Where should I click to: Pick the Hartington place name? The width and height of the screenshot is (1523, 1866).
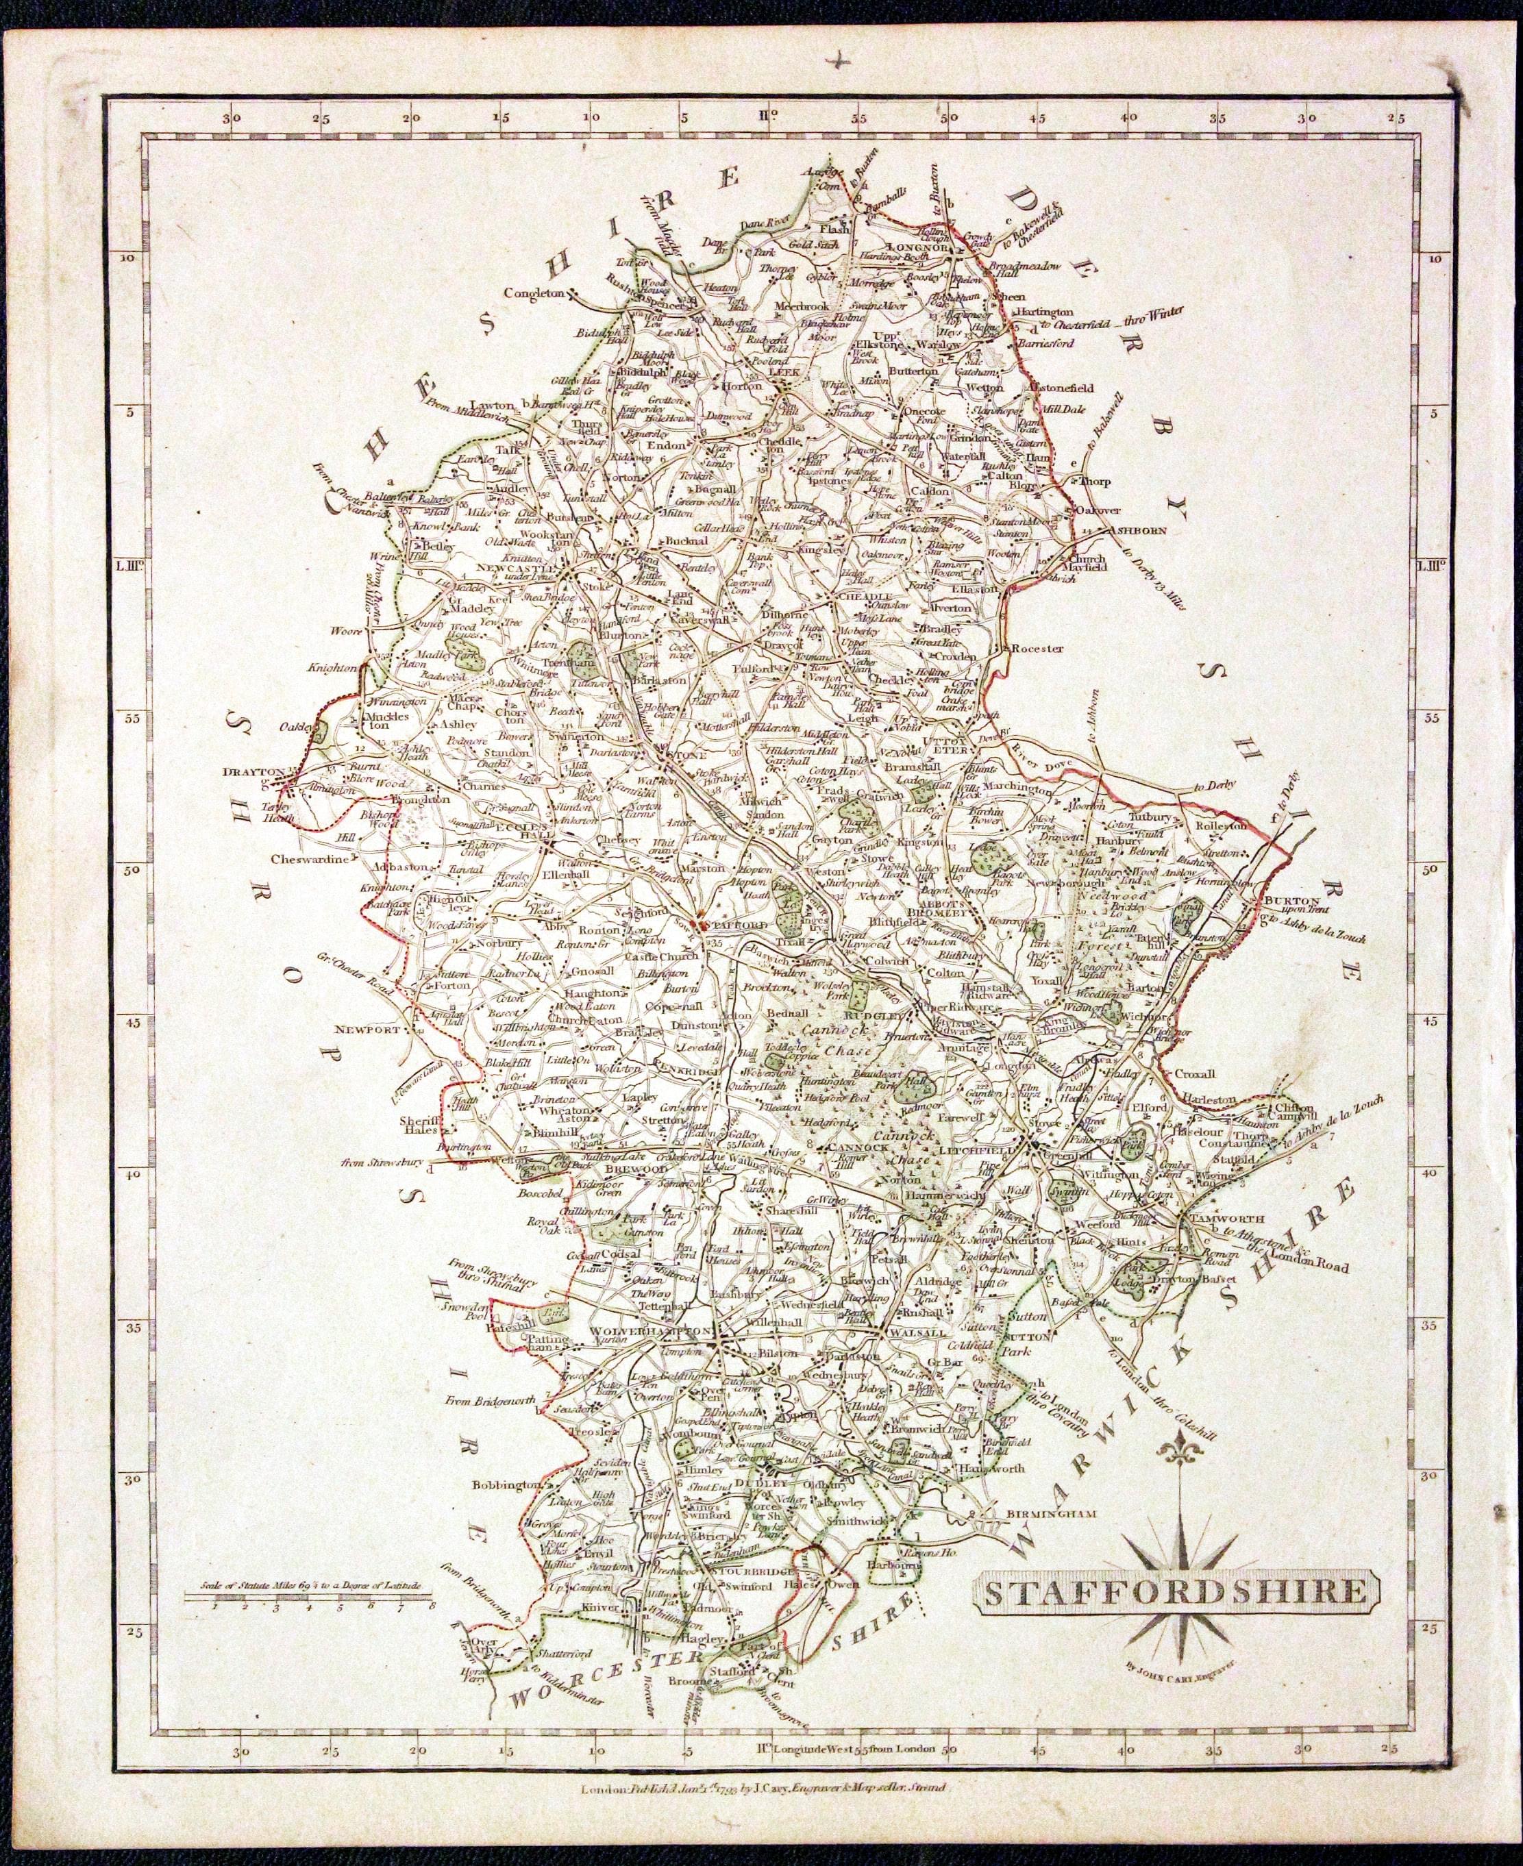1044,312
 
